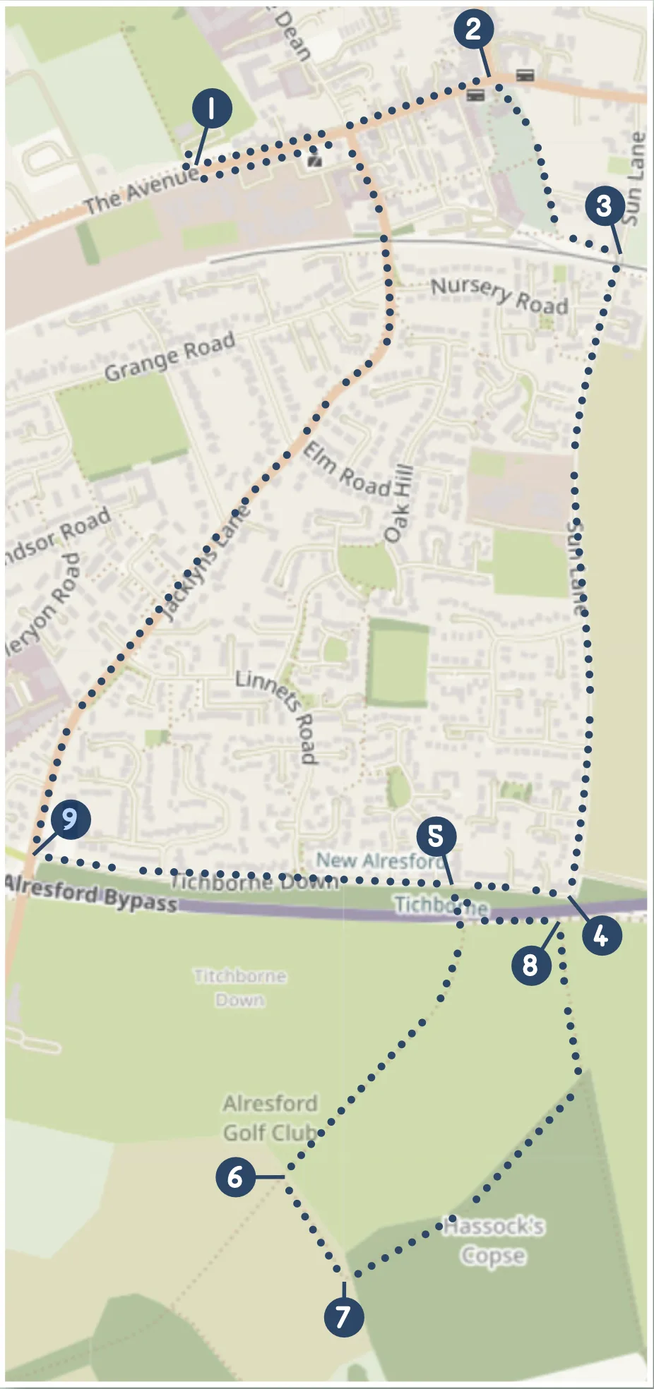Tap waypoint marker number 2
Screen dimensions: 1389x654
point(473,30)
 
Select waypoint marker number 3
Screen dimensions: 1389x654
point(605,206)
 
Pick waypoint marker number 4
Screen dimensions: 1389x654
point(602,936)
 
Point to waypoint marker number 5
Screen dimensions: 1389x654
point(436,836)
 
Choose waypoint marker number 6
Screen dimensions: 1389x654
point(236,1177)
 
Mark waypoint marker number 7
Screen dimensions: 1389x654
point(344,1316)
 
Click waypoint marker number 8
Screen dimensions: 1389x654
point(531,965)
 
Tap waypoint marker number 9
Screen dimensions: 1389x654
point(70,819)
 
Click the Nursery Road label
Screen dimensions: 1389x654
point(499,295)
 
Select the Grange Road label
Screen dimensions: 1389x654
point(170,356)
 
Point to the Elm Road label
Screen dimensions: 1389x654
point(347,469)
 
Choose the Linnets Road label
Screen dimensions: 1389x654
point(278,714)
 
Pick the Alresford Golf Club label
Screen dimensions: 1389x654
point(270,1117)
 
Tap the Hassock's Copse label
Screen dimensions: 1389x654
point(494,1240)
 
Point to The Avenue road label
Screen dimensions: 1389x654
point(141,190)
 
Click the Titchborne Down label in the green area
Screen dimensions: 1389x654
point(240,987)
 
